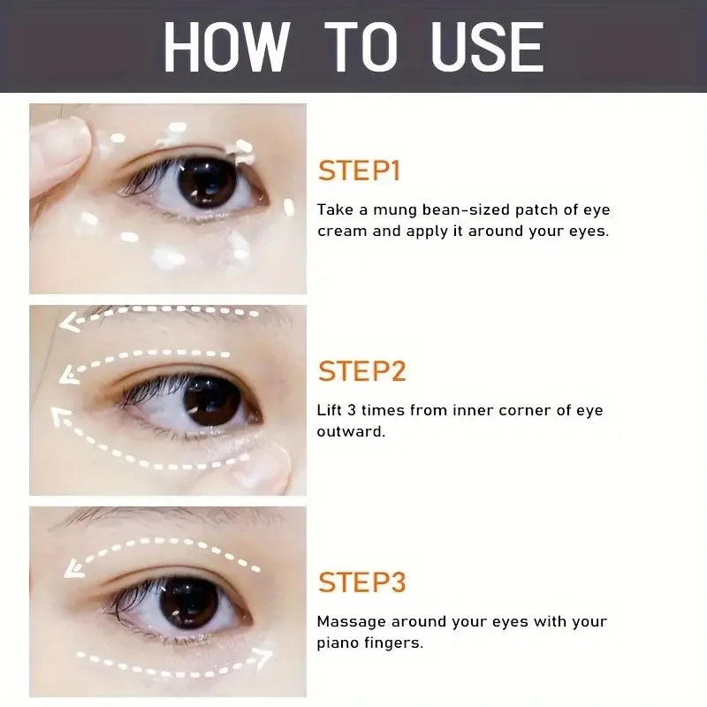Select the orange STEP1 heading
coord(359,171)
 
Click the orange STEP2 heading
coord(362,371)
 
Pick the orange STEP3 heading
coord(362,582)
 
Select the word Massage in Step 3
coord(350,621)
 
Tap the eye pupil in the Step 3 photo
coord(188,602)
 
